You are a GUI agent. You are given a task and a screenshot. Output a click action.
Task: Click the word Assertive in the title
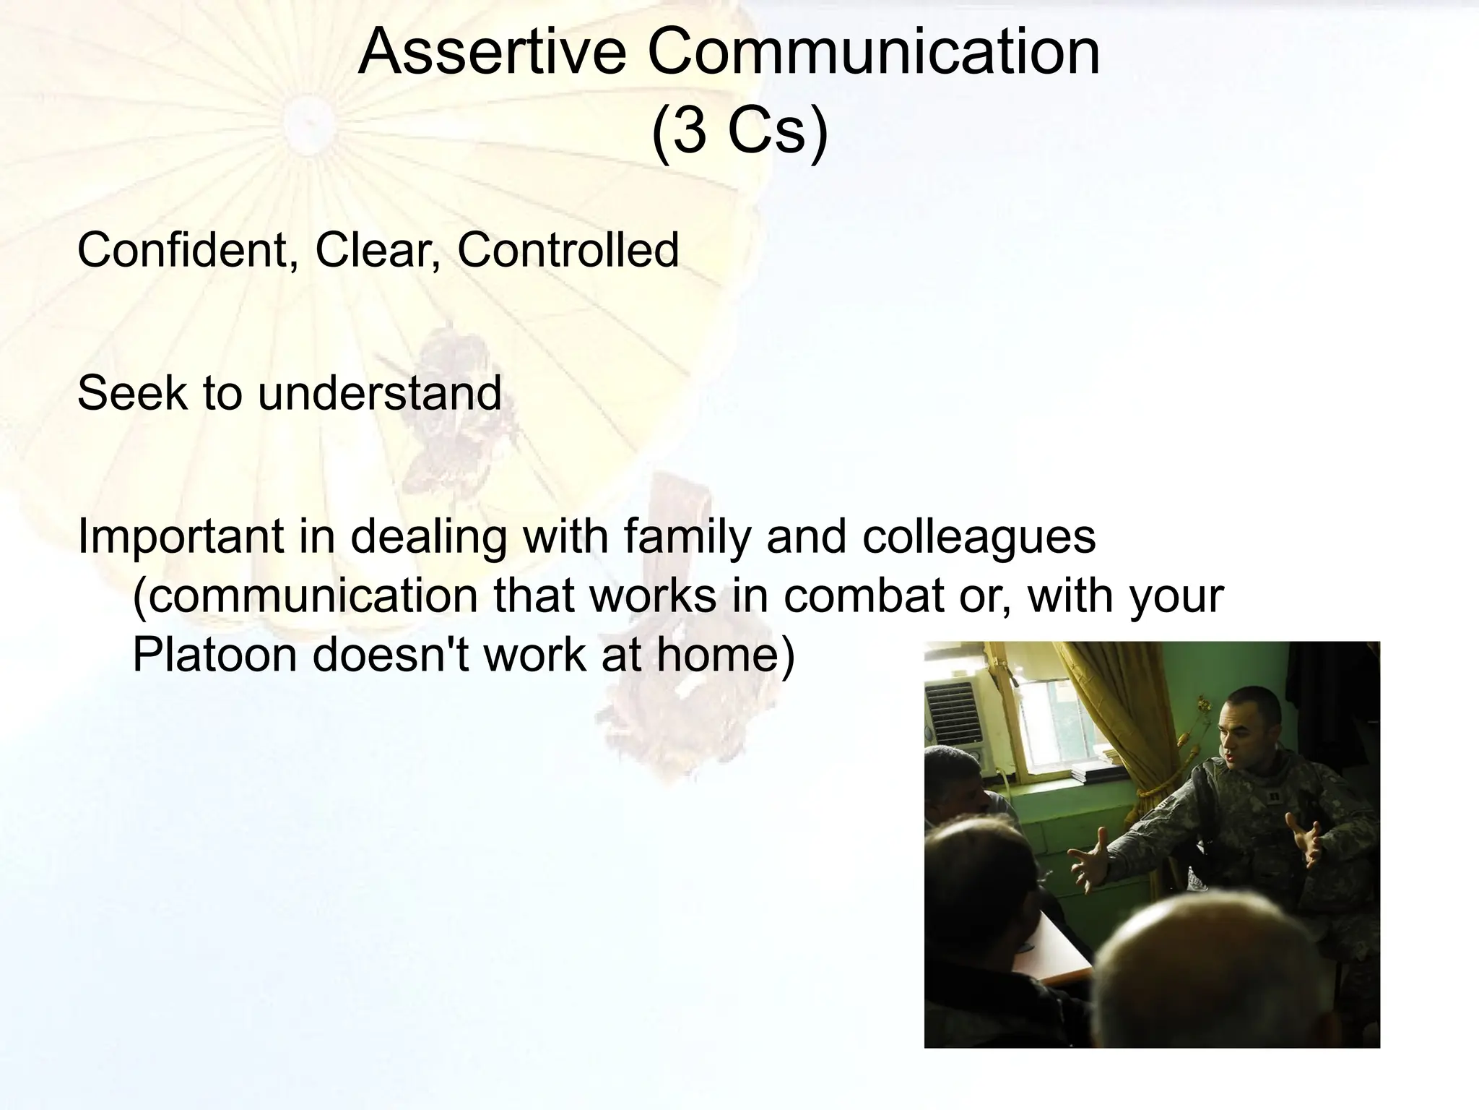point(492,52)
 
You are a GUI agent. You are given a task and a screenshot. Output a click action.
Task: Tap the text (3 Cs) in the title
point(739,132)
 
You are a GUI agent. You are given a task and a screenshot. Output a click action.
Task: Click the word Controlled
point(568,250)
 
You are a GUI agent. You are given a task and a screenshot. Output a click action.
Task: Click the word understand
point(379,394)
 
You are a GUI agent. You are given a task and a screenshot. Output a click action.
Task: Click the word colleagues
point(979,537)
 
